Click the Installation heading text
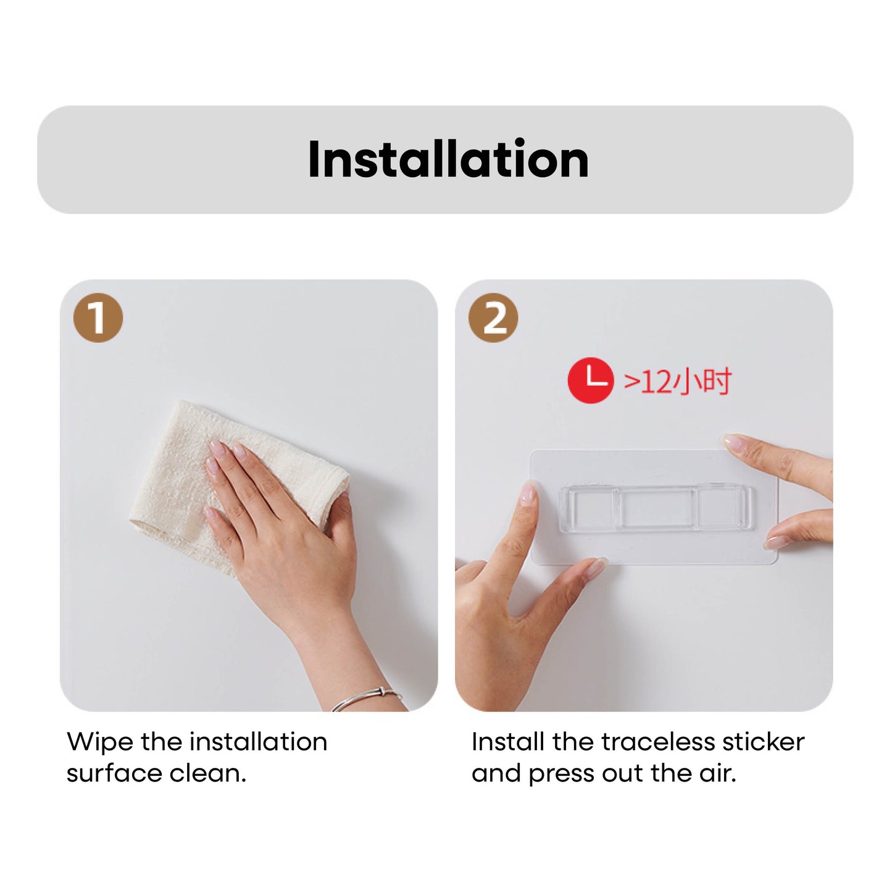pos(448,159)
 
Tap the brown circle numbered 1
pos(98,318)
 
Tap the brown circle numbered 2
pos(493,318)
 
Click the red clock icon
pos(591,380)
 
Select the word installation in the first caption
pos(258,743)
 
